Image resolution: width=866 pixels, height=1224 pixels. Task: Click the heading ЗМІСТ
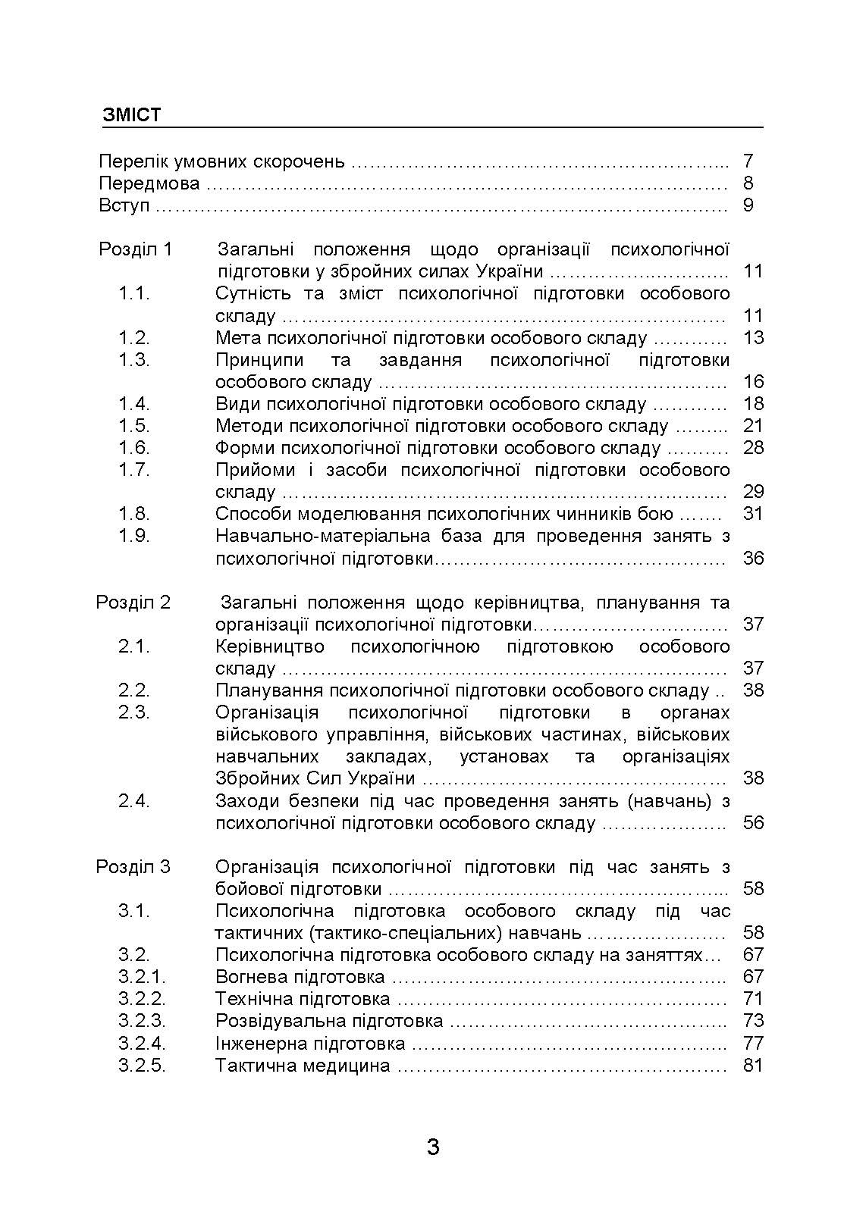pyautogui.click(x=132, y=115)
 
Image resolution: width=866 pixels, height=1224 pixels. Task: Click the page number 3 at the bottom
pyautogui.click(x=433, y=1147)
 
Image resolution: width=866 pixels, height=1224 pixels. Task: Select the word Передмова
pyautogui.click(x=149, y=183)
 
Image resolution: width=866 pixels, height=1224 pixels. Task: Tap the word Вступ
pyautogui.click(x=124, y=205)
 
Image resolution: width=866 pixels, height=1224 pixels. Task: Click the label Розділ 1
pyautogui.click(x=136, y=249)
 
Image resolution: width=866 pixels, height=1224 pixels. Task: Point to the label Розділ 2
pyautogui.click(x=133, y=603)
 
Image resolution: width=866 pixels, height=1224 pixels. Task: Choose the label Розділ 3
pyautogui.click(x=133, y=867)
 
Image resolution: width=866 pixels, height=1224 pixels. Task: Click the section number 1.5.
pyautogui.click(x=134, y=426)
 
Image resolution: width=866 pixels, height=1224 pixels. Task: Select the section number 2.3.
pyautogui.click(x=134, y=712)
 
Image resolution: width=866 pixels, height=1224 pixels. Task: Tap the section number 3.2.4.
pyautogui.click(x=142, y=1044)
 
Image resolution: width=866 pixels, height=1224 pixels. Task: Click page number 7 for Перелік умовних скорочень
pyautogui.click(x=748, y=161)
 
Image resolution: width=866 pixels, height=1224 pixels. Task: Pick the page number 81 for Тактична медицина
pyautogui.click(x=753, y=1066)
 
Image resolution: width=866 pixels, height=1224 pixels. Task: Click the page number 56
pyautogui.click(x=753, y=823)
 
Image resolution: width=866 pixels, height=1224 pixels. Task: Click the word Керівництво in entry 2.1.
pyautogui.click(x=269, y=646)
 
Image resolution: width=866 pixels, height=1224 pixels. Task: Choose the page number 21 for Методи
pyautogui.click(x=753, y=426)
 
